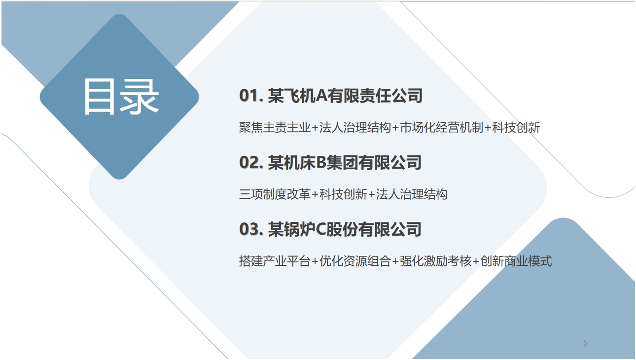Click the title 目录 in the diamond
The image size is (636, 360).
tap(121, 97)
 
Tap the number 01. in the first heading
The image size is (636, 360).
tap(251, 95)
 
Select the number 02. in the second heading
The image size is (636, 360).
tap(251, 162)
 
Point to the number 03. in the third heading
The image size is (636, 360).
tap(251, 229)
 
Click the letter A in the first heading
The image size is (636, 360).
tap(321, 95)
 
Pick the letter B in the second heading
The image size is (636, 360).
tap(321, 162)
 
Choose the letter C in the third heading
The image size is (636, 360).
tap(321, 229)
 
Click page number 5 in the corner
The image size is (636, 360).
tap(585, 343)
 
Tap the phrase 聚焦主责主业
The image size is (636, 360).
tap(275, 127)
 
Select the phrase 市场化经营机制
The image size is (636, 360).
tap(442, 127)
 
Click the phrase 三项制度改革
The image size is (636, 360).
tap(275, 194)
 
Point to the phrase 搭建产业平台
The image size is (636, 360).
tap(275, 261)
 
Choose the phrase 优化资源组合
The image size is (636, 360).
tap(355, 261)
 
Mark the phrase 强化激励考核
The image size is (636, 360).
tap(435, 261)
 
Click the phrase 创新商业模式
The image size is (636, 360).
tap(516, 261)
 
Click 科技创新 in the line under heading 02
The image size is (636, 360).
tap(343, 194)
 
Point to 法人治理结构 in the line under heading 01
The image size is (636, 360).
tap(355, 127)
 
